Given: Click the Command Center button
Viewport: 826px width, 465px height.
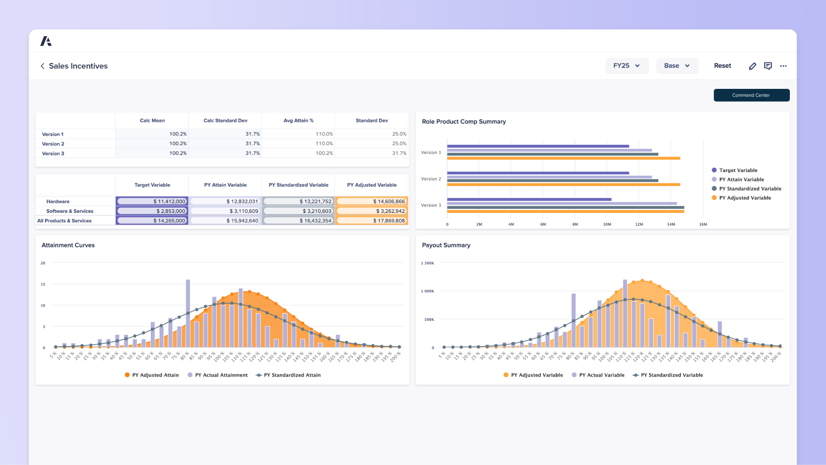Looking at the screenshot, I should coord(751,95).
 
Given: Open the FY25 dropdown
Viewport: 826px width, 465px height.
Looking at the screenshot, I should coord(627,66).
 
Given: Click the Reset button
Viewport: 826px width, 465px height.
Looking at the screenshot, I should coord(722,66).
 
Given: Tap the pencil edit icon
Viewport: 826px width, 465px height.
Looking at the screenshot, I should coord(752,66).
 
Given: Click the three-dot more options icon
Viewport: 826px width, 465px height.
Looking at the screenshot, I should coord(783,66).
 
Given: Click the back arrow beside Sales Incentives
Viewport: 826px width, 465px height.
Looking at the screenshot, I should coord(42,66).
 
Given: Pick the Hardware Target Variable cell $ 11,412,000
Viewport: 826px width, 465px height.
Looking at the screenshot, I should coord(152,202).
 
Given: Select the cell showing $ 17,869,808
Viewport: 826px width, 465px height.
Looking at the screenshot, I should coord(372,221).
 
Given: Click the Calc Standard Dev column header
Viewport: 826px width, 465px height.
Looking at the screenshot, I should coord(225,120).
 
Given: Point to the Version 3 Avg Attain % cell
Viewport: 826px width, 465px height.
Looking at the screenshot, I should coord(298,153).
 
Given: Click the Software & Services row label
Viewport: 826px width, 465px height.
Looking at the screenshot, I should coord(70,211).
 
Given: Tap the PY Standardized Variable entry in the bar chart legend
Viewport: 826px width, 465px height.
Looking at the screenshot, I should coord(750,189).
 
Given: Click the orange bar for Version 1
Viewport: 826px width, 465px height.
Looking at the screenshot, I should coord(563,158).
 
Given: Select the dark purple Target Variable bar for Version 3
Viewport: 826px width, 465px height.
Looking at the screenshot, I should coord(529,199).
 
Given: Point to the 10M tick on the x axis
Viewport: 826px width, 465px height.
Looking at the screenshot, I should coord(607,225).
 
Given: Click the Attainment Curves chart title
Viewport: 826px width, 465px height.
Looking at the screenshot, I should coord(68,245).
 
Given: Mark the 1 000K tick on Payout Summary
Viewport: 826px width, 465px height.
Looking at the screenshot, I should coord(427,291).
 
